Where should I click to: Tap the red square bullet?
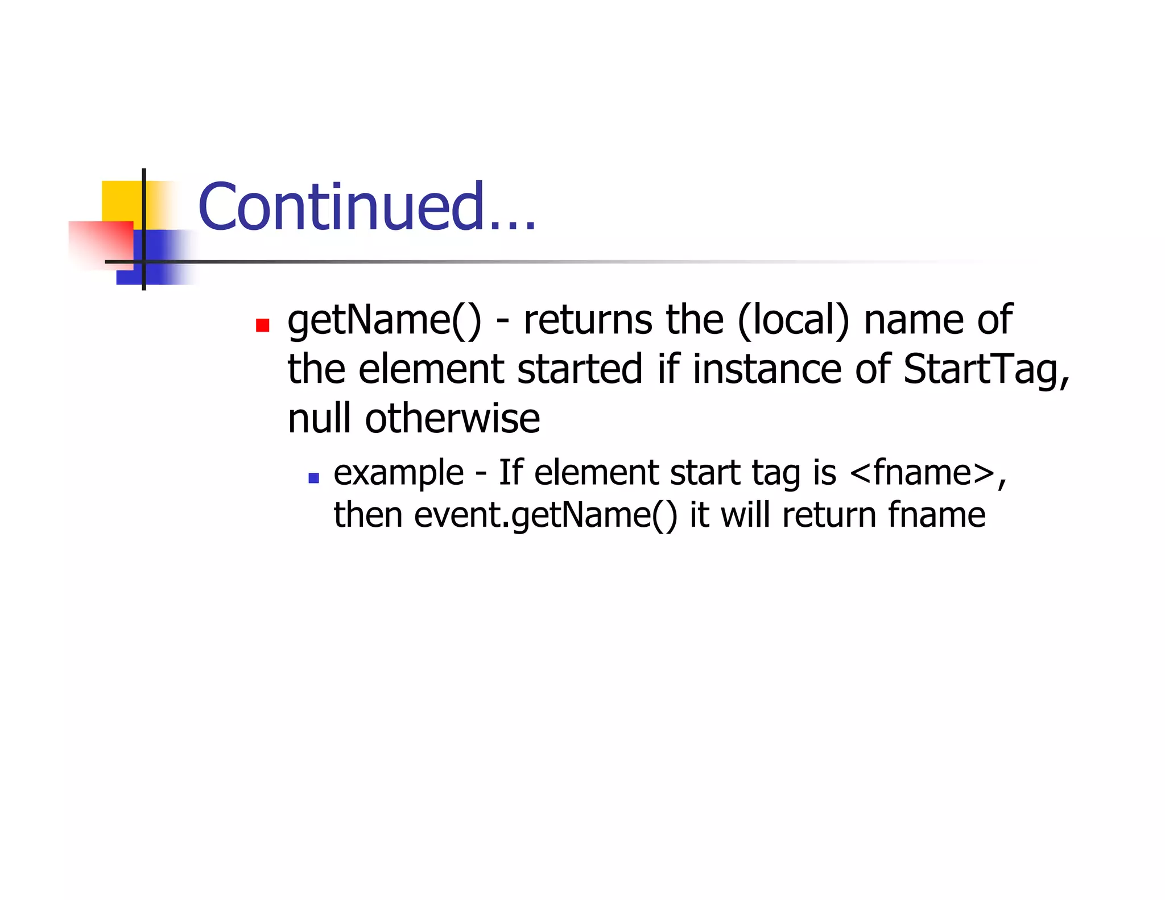[262, 325]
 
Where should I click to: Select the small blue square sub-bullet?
[313, 478]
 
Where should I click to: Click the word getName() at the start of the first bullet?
[384, 320]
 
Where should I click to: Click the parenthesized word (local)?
[793, 320]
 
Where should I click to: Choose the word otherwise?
[452, 419]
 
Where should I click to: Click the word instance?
[766, 370]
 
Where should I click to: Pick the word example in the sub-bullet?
[398, 473]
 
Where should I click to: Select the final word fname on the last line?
[936, 516]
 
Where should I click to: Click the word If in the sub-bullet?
[510, 473]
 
